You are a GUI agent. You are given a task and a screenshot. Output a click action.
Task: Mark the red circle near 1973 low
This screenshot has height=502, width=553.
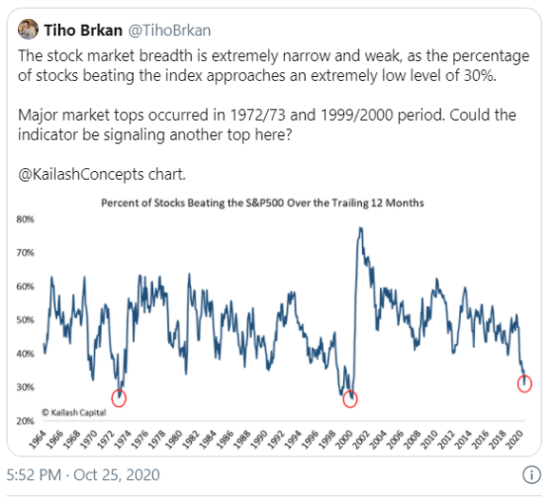click(119, 397)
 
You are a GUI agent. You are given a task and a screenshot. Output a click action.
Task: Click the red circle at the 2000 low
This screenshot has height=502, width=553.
click(351, 399)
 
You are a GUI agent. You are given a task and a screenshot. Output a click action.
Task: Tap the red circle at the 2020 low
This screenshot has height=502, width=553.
click(524, 383)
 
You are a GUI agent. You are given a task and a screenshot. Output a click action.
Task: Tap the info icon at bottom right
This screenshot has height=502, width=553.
click(530, 474)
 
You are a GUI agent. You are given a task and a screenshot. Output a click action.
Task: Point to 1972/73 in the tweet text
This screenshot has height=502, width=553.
click(259, 115)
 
